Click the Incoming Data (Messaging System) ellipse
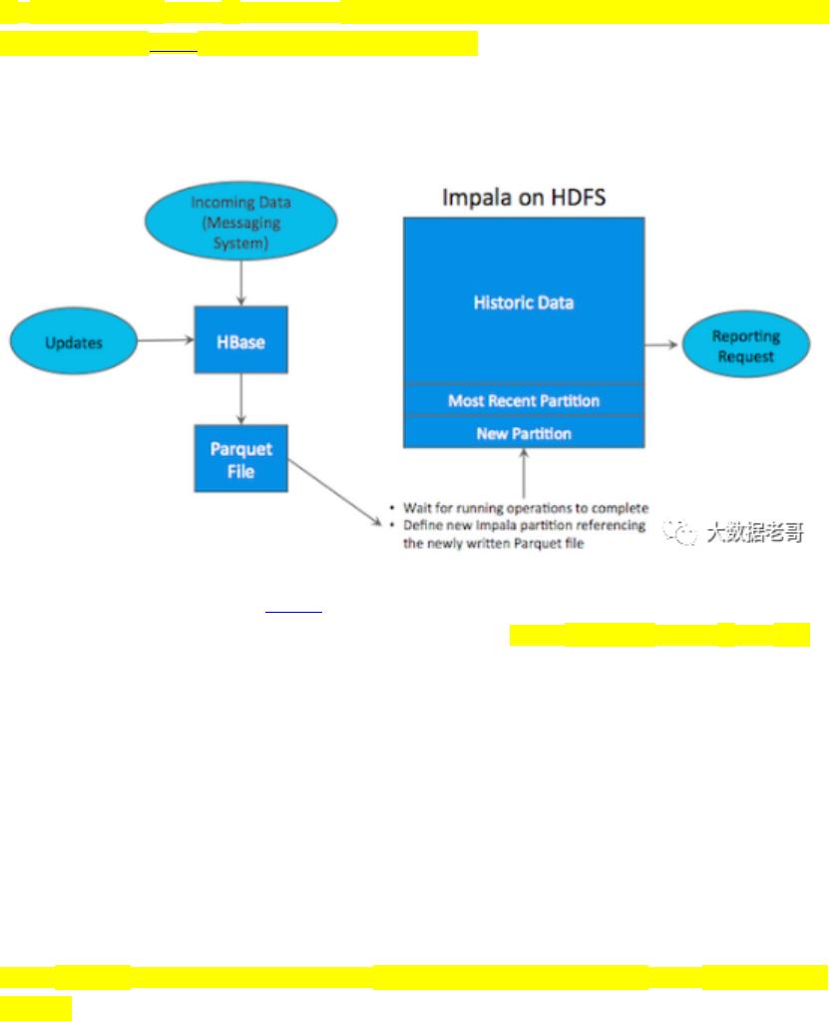click(241, 223)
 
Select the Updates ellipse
click(74, 342)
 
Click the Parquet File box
click(240, 460)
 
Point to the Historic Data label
click(523, 301)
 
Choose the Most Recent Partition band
click(523, 400)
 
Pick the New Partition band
click(523, 433)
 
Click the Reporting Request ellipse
click(745, 346)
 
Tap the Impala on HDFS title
click(523, 197)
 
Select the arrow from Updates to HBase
click(166, 340)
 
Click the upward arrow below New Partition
click(523, 469)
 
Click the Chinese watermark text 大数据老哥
click(754, 534)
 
